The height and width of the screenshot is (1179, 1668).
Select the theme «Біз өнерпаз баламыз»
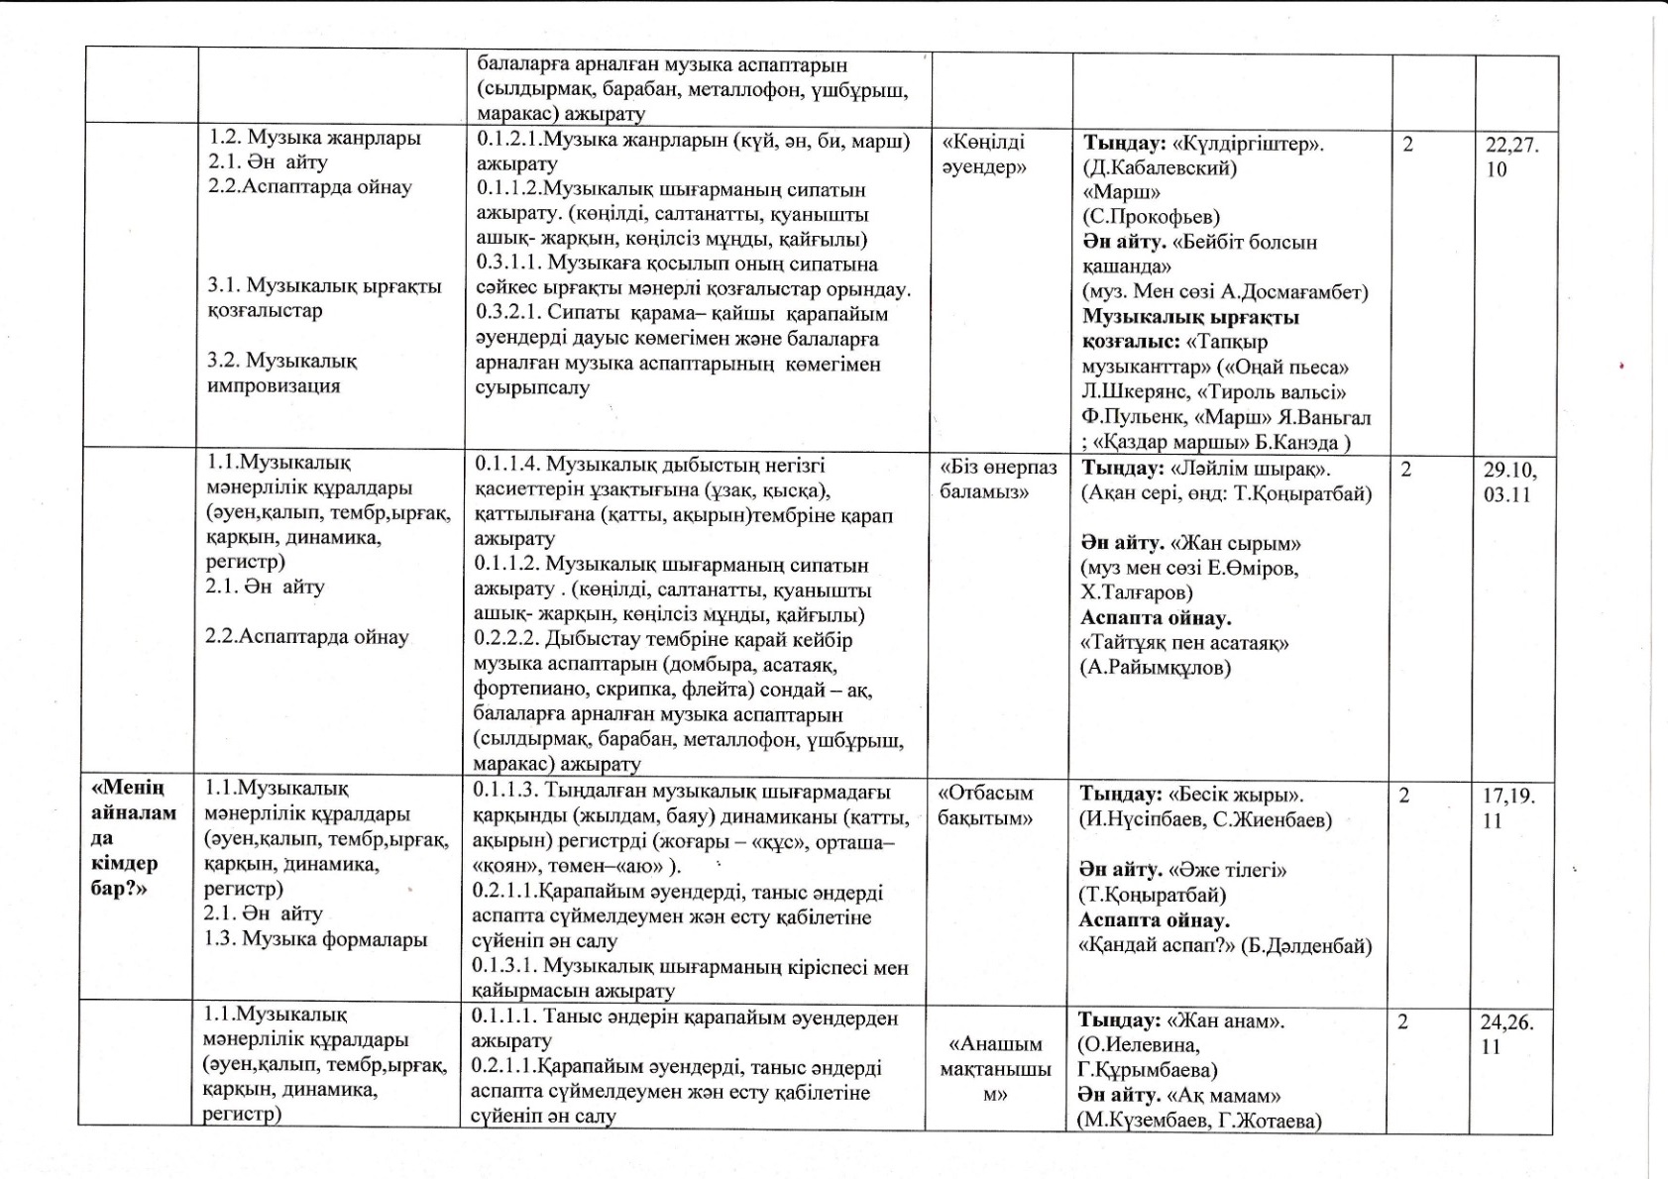pyautogui.click(x=997, y=480)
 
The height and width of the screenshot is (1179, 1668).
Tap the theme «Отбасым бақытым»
pyautogui.click(x=985, y=805)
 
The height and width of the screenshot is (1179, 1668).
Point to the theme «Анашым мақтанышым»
pyautogui.click(x=995, y=1069)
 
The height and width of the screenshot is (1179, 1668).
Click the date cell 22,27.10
pyautogui.click(x=1511, y=157)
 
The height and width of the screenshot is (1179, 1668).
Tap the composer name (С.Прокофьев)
pyautogui.click(x=1151, y=217)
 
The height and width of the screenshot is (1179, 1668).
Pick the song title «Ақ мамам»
pyautogui.click(x=1225, y=1096)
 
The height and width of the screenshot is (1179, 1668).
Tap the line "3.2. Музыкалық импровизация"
pyautogui.click(x=282, y=373)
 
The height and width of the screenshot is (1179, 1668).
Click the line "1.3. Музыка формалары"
pyautogui.click(x=315, y=938)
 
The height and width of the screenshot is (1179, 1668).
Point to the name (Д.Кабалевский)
pyautogui.click(x=1160, y=167)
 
